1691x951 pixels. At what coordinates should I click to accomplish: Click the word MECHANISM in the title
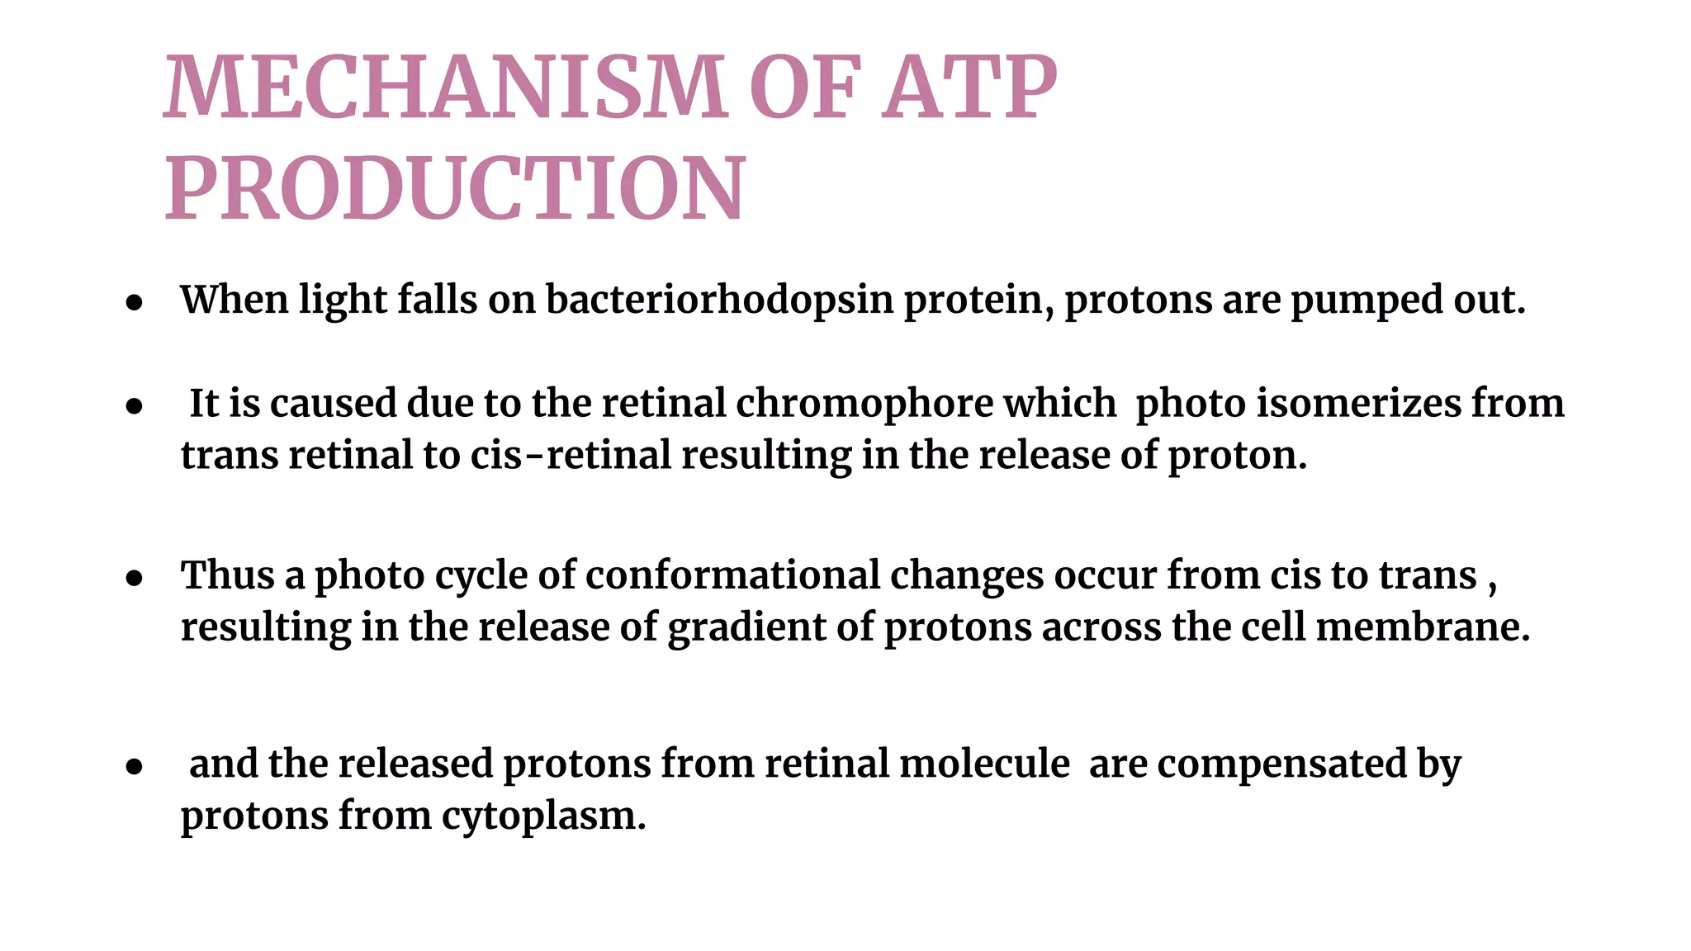(445, 86)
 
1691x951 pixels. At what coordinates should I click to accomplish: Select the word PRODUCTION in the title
(455, 187)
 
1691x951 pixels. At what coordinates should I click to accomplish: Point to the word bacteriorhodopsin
(719, 300)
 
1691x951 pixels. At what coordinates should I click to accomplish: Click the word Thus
(228, 575)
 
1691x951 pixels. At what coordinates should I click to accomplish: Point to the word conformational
(733, 575)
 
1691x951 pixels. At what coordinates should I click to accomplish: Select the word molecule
(984, 763)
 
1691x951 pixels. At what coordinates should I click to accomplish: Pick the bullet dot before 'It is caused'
(135, 406)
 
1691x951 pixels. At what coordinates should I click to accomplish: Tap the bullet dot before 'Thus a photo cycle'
(135, 579)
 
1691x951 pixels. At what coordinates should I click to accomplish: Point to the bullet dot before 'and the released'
(135, 767)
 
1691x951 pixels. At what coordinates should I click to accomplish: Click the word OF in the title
(805, 86)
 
